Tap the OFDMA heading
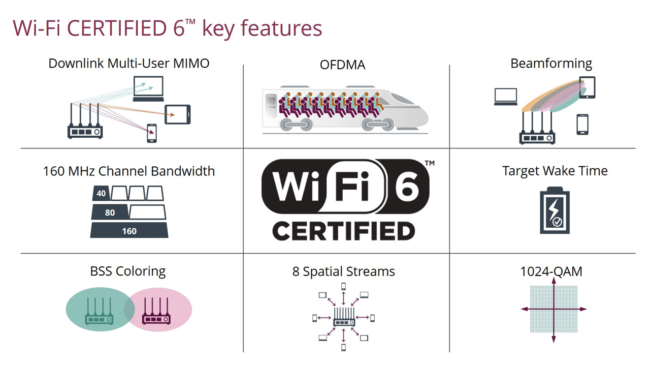point(342,65)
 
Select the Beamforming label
point(551,64)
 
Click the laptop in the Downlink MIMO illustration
point(148,88)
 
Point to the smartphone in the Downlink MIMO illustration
point(151,133)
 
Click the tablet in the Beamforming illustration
point(587,87)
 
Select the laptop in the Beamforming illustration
point(506,97)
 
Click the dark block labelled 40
point(101,193)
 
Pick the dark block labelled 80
point(110,212)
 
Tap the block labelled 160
point(129,231)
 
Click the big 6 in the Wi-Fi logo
point(407,187)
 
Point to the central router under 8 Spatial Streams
point(344,318)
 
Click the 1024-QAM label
point(551,271)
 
